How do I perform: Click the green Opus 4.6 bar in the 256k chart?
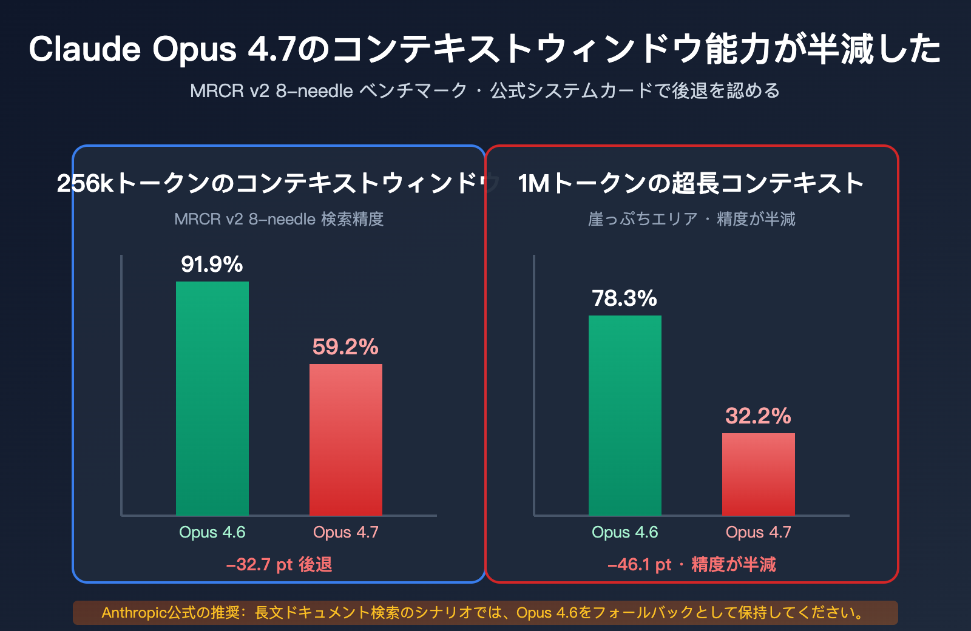(x=212, y=398)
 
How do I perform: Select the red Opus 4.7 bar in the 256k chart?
(x=345, y=439)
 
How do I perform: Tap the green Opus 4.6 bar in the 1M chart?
(x=624, y=415)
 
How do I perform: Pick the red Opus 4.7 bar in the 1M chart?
(x=758, y=474)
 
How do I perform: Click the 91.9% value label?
(x=212, y=265)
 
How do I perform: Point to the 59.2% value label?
(x=345, y=347)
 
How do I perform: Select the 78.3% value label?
(x=624, y=299)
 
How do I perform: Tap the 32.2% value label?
(x=758, y=416)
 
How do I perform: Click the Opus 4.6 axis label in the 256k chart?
(x=212, y=532)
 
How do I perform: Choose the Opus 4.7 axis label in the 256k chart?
(x=345, y=532)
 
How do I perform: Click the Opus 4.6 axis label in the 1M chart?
(x=624, y=532)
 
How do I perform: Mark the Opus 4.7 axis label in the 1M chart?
(x=758, y=532)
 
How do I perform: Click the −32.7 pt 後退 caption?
(x=279, y=565)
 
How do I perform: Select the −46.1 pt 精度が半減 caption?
(x=692, y=565)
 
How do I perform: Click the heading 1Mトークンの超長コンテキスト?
(x=691, y=183)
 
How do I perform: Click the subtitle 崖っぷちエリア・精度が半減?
(x=691, y=219)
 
